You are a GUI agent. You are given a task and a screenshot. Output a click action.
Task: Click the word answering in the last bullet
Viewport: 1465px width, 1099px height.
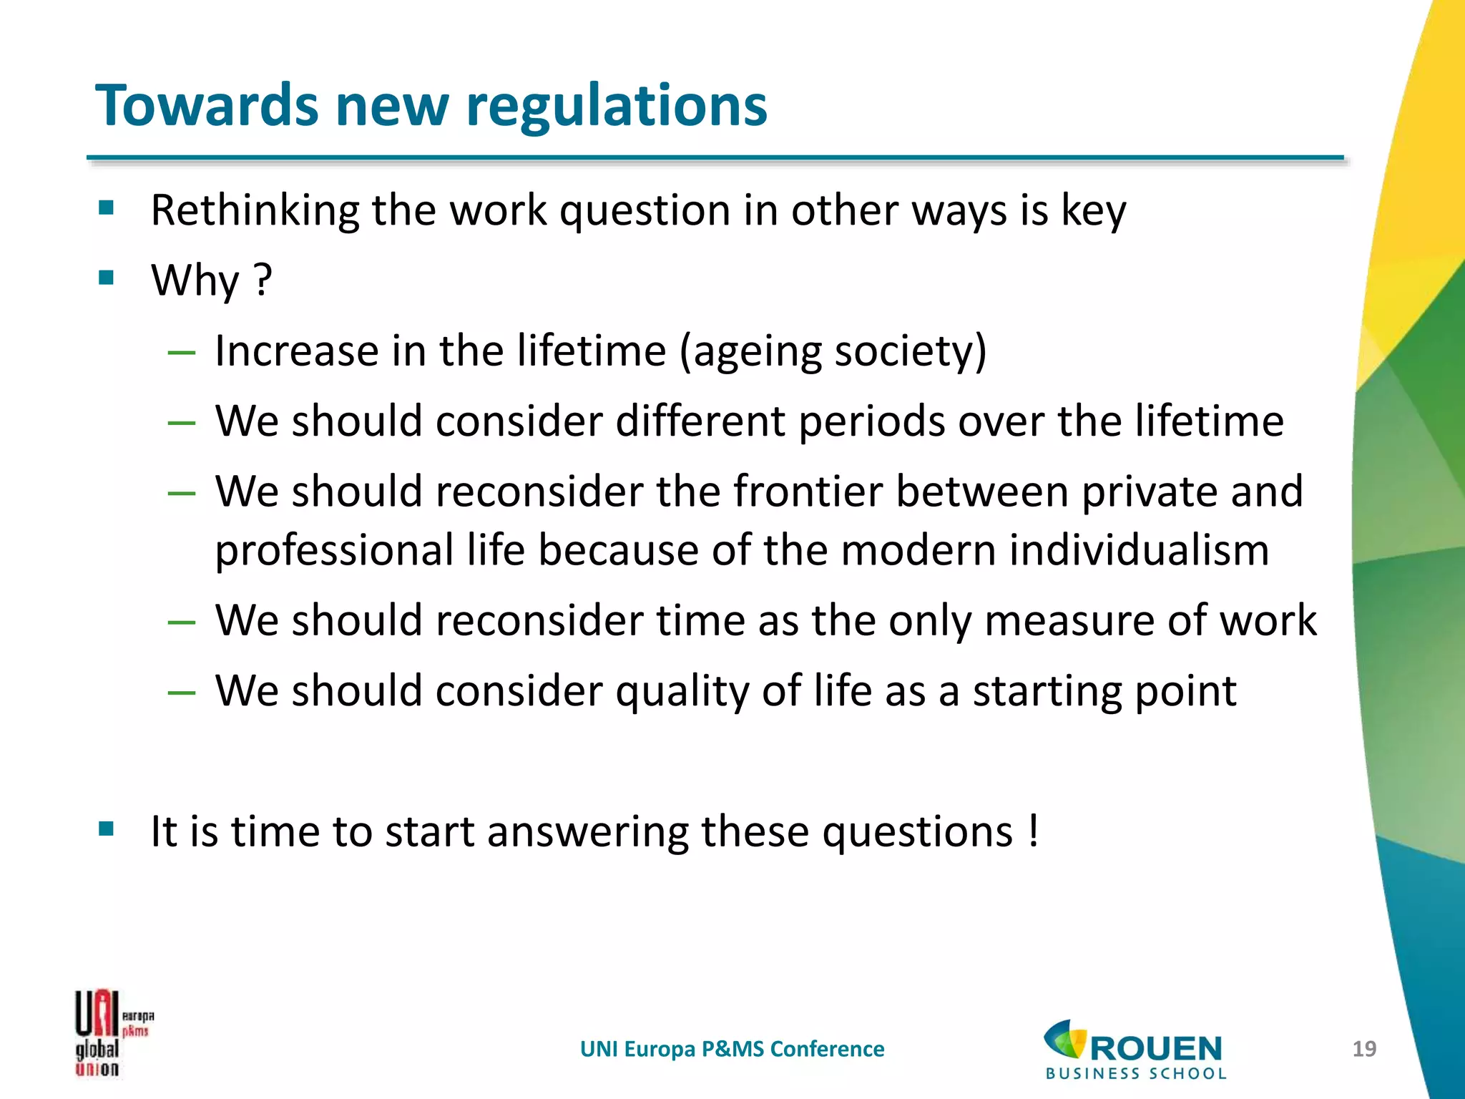[x=587, y=832]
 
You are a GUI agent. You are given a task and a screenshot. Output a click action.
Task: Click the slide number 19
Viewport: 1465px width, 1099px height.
[x=1364, y=1049]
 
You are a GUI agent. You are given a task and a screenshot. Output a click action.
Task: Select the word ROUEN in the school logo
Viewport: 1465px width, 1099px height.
[x=1155, y=1049]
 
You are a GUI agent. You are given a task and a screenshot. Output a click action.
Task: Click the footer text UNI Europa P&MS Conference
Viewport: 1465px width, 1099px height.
[x=732, y=1049]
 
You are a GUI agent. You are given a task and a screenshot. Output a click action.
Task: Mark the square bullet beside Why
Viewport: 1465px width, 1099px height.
[x=107, y=278]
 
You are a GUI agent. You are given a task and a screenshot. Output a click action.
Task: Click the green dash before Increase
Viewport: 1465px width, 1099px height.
[x=181, y=352]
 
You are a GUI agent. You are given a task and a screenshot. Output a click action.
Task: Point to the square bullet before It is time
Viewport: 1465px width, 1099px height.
[x=107, y=829]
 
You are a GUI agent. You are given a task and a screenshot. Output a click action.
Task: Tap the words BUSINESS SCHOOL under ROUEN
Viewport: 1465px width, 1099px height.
[x=1136, y=1073]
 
